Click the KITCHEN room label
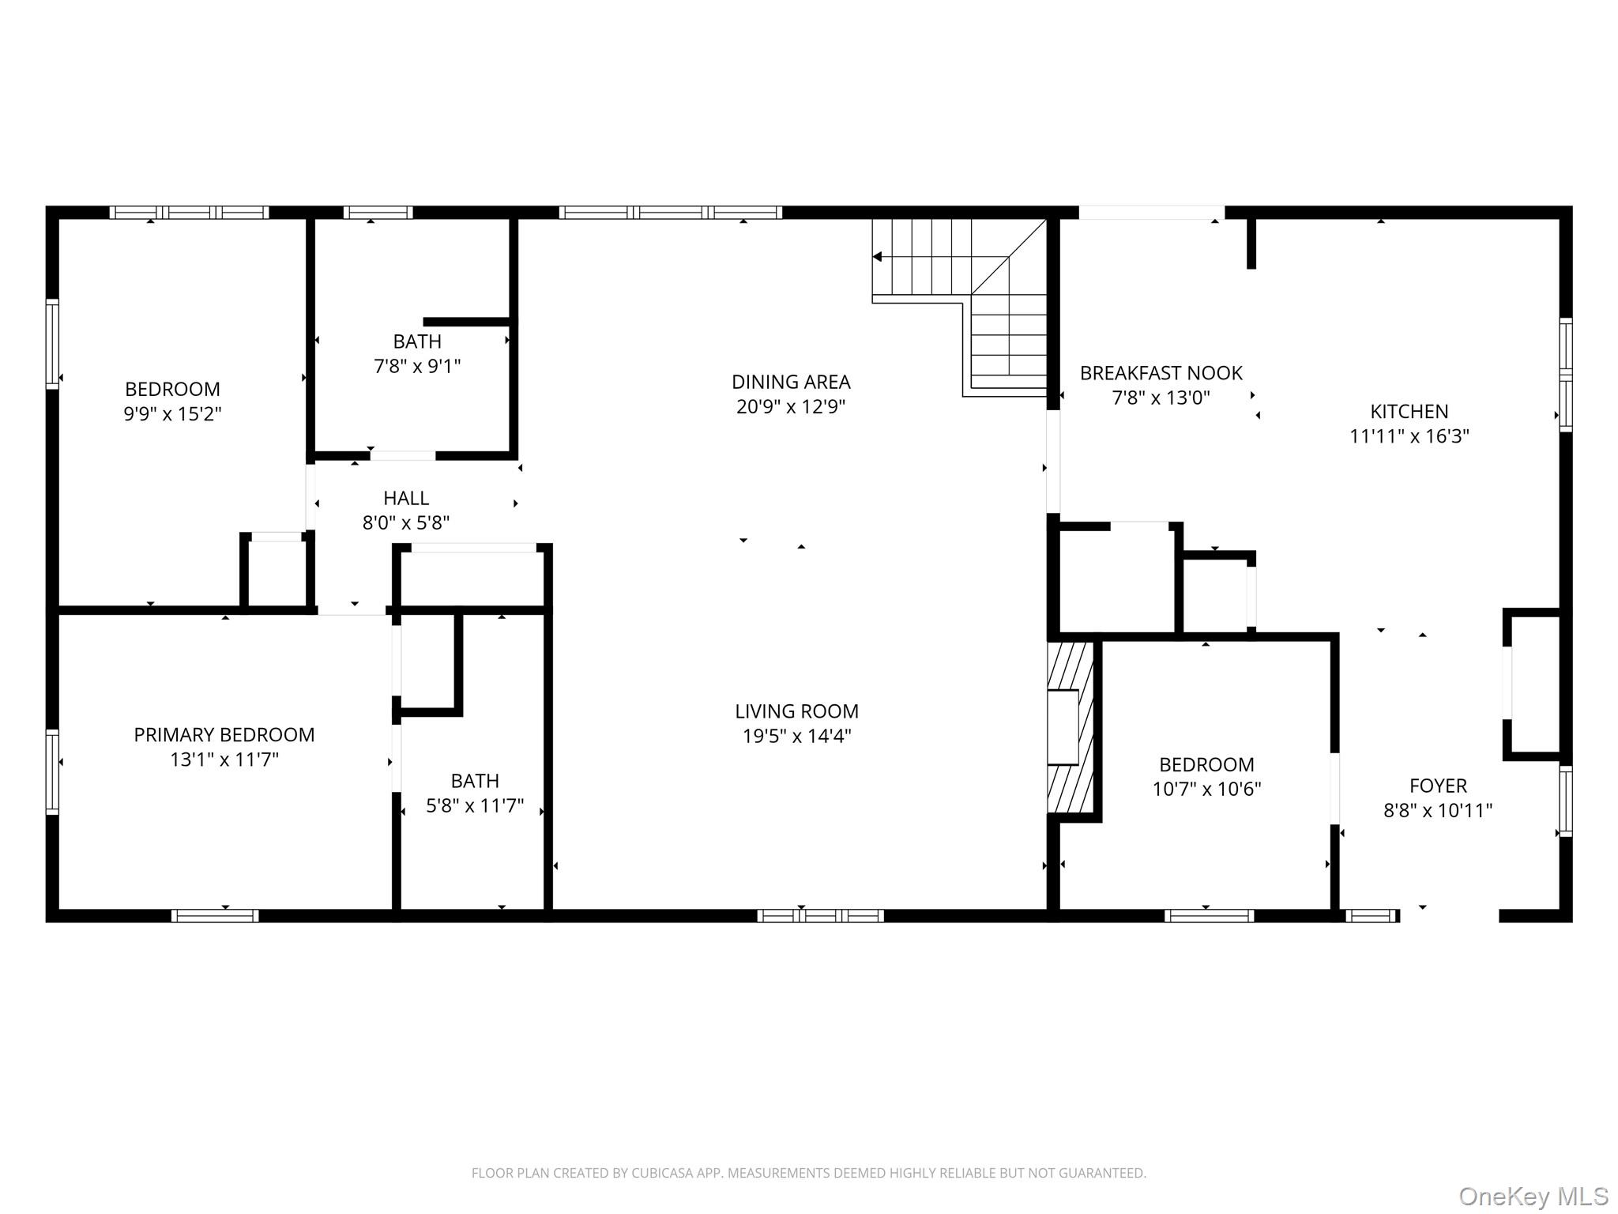(1409, 411)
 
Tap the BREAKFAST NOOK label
(1161, 372)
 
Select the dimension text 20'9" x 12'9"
(791, 406)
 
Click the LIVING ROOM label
(796, 711)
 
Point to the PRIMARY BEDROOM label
(224, 735)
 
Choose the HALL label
(406, 498)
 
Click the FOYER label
(1438, 786)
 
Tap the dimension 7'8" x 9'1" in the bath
(417, 366)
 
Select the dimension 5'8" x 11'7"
(475, 805)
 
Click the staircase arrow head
(877, 257)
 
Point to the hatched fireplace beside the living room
(1070, 727)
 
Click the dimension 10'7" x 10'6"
(1206, 789)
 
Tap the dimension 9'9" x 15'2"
(172, 413)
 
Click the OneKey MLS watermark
(1533, 1197)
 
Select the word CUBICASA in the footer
(662, 1173)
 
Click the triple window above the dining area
(670, 212)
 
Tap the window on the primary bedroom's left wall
(52, 771)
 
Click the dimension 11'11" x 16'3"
(1409, 435)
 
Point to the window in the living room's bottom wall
(820, 916)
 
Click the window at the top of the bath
(378, 212)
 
